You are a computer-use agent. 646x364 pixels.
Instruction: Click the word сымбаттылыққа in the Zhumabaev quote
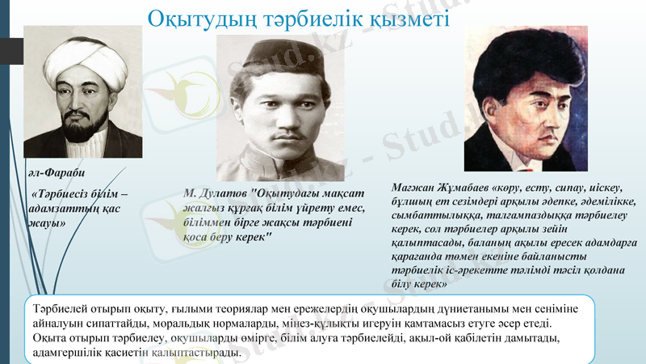[x=432, y=214]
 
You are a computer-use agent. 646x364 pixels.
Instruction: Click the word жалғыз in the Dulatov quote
[x=203, y=208]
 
